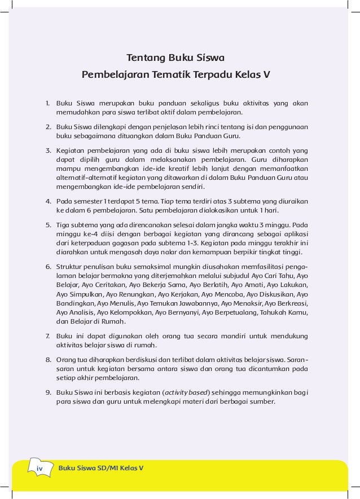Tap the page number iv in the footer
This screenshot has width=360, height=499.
click(x=39, y=469)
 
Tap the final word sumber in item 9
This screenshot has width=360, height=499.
click(x=262, y=402)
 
